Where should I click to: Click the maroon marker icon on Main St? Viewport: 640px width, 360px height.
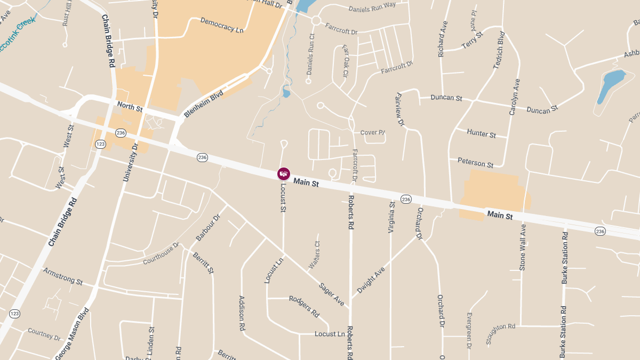click(x=284, y=173)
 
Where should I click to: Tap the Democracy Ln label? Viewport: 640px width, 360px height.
click(x=222, y=25)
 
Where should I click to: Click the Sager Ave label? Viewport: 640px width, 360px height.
click(x=332, y=294)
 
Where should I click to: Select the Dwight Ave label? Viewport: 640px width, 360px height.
click(x=371, y=280)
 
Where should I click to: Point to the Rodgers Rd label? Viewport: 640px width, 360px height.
click(x=304, y=306)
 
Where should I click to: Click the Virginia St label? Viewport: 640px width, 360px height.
click(x=392, y=218)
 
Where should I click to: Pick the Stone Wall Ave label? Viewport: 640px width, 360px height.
click(x=523, y=246)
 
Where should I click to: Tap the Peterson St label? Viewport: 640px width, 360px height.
click(x=475, y=162)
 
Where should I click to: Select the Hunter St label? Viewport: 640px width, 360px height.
click(x=481, y=133)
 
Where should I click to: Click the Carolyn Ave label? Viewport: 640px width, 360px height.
click(x=514, y=97)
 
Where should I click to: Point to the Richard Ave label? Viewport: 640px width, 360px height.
click(x=442, y=39)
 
